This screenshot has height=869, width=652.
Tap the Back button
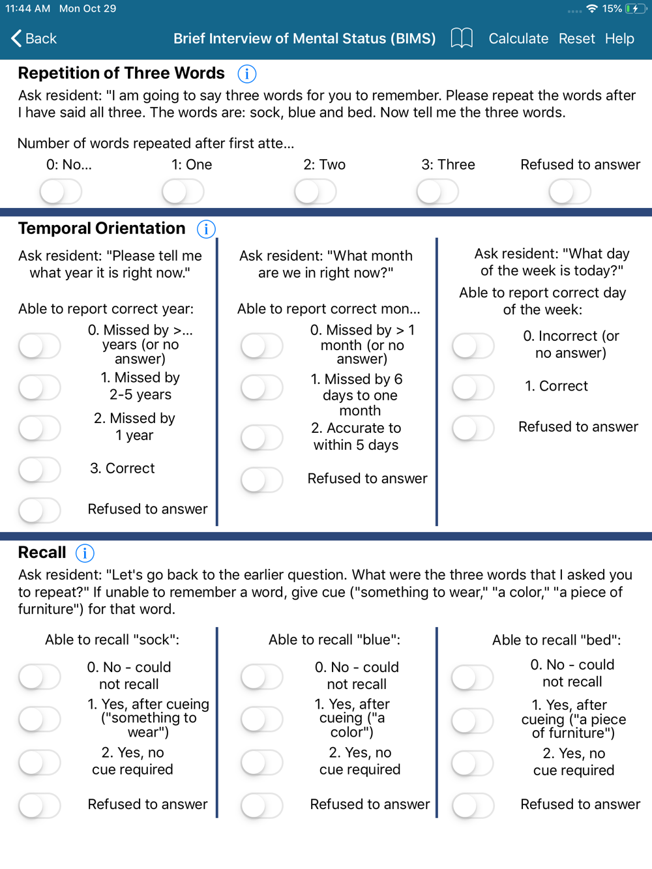click(34, 38)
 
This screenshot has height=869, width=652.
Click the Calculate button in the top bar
click(518, 38)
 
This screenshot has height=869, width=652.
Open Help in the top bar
click(619, 38)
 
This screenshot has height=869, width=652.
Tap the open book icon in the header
click(462, 38)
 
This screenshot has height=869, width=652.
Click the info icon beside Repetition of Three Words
click(246, 74)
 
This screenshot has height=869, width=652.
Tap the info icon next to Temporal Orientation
click(206, 229)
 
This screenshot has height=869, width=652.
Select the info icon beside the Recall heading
click(85, 553)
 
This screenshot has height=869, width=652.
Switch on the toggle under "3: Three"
click(437, 192)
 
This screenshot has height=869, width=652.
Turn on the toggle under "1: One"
click(183, 192)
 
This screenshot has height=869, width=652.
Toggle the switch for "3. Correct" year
click(40, 469)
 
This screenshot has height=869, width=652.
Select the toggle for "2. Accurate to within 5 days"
click(262, 437)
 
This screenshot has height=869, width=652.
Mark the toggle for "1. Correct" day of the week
click(473, 387)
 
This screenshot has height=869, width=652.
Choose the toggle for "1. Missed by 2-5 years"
click(40, 387)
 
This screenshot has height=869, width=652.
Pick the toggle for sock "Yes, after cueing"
click(40, 719)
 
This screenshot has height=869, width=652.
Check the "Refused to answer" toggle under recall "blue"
click(262, 806)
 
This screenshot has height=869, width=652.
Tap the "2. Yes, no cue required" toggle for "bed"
click(473, 763)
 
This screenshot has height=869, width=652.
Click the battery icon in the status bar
click(635, 8)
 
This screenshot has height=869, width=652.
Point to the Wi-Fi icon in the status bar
click(592, 8)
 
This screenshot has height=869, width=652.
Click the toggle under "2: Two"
click(316, 192)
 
